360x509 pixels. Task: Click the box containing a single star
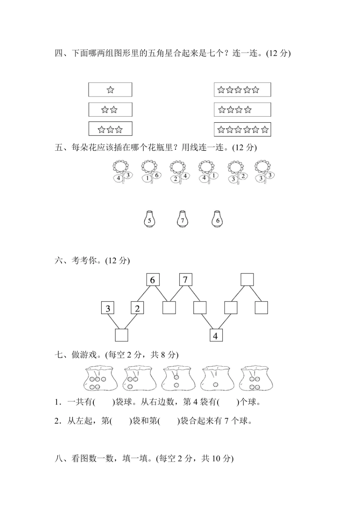click(x=110, y=90)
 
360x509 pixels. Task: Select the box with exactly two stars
click(x=110, y=109)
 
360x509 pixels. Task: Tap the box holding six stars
click(x=243, y=130)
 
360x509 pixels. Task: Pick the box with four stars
click(x=243, y=110)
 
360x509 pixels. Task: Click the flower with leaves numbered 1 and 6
click(x=149, y=172)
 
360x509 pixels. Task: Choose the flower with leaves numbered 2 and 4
click(x=178, y=172)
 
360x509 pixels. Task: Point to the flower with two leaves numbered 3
click(x=264, y=172)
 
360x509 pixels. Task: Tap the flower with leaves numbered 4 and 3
click(x=122, y=172)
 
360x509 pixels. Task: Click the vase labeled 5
click(x=149, y=219)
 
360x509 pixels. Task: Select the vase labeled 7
click(x=182, y=219)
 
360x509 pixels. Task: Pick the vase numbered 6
click(x=217, y=219)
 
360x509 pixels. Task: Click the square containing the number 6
click(x=153, y=280)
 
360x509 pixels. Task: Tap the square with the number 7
click(x=185, y=280)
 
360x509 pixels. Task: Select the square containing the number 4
click(x=216, y=335)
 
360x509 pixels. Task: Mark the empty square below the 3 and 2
click(x=121, y=335)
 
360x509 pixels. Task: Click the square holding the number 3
click(x=108, y=308)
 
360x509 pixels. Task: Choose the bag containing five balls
click(x=100, y=378)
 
